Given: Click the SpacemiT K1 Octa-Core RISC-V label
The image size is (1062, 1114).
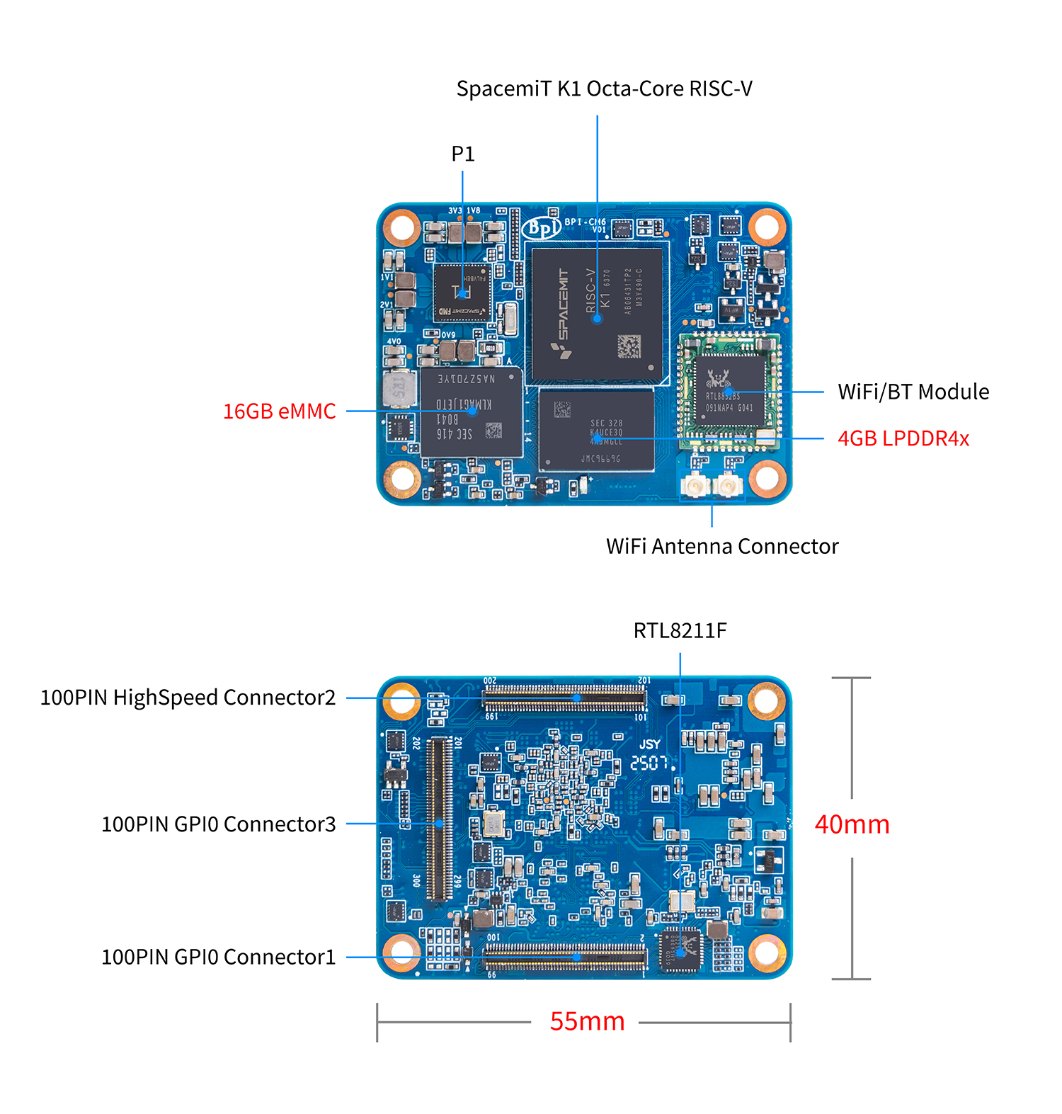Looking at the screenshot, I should click(x=604, y=89).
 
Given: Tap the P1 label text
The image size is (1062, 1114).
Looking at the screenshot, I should click(x=463, y=154).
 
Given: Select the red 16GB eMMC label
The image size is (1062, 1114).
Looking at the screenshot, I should click(x=279, y=411).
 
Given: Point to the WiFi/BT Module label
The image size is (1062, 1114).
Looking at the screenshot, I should click(x=913, y=392).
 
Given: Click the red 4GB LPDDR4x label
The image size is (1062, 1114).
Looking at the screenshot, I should click(x=903, y=438).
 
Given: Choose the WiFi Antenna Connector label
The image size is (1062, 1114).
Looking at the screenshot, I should click(x=722, y=546).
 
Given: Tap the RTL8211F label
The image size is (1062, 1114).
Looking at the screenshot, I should click(x=680, y=630).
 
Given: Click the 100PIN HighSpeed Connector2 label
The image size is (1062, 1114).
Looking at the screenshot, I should click(x=188, y=698).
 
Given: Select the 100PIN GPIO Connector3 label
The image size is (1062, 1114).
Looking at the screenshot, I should click(x=218, y=824).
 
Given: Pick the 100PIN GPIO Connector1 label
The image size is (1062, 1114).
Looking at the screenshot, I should click(x=218, y=957).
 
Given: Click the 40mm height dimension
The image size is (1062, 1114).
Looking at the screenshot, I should click(x=852, y=824).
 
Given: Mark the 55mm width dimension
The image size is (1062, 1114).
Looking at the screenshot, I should click(x=587, y=1021).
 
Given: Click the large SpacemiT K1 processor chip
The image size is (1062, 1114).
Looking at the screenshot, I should click(x=597, y=315).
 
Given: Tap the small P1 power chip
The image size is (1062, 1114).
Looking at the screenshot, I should click(x=462, y=292).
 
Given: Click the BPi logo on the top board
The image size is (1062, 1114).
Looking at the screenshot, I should click(x=542, y=227).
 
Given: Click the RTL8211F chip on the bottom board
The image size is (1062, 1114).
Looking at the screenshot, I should click(x=680, y=949).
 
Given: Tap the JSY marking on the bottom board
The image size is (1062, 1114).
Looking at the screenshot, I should click(x=649, y=744).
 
